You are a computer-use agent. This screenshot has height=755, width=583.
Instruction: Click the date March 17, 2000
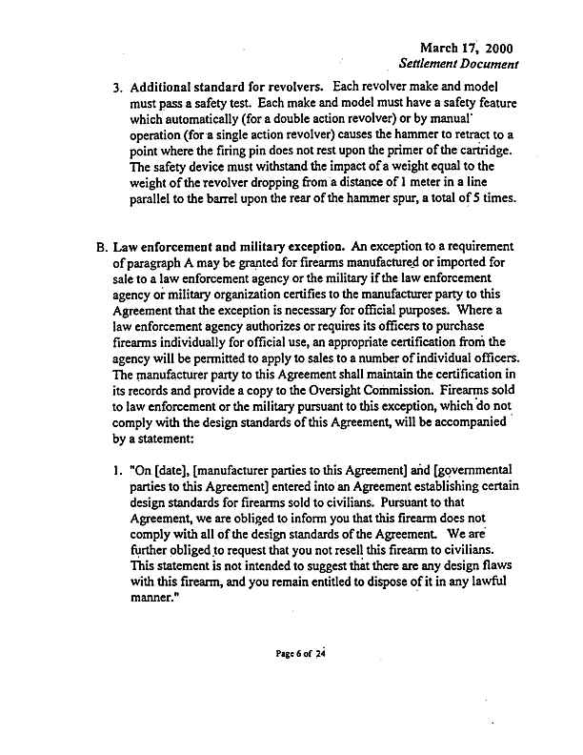pyautogui.click(x=465, y=48)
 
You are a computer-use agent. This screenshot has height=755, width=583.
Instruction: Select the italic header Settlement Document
pyautogui.click(x=459, y=65)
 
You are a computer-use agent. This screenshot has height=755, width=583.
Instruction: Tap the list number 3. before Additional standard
pyautogui.click(x=118, y=91)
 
